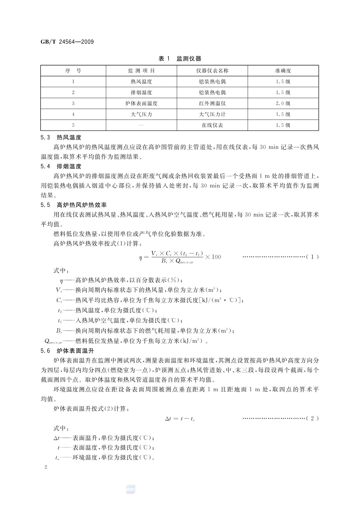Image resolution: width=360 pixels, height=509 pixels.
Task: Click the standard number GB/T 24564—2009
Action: pyautogui.click(x=67, y=42)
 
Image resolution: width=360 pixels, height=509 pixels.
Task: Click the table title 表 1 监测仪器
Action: pyautogui.click(x=180, y=59)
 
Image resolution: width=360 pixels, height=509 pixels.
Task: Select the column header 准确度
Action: pyautogui.click(x=283, y=71)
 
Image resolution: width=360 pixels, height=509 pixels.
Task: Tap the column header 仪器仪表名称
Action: pyautogui.click(x=212, y=71)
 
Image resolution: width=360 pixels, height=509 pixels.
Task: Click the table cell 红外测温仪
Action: pyautogui.click(x=212, y=103)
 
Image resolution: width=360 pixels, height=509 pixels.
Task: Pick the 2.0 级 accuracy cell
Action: pyautogui.click(x=283, y=103)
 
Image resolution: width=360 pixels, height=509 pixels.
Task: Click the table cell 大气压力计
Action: pyautogui.click(x=212, y=114)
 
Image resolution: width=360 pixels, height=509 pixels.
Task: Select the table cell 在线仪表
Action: pyautogui.click(x=212, y=125)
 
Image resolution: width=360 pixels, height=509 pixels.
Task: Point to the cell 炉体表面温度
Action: pyautogui.click(x=141, y=103)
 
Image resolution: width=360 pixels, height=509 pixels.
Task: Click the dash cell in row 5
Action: pyautogui.click(x=141, y=125)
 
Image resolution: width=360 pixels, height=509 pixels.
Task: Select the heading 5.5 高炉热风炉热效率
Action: pyautogui.click(x=74, y=205)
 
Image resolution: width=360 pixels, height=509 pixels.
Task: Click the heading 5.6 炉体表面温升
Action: pyautogui.click(x=67, y=351)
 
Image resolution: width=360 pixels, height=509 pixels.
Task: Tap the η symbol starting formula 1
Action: pyautogui.click(x=141, y=257)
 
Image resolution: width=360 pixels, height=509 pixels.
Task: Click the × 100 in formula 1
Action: pyautogui.click(x=213, y=257)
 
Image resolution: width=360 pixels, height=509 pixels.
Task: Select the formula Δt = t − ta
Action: pyautogui.click(x=180, y=419)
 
